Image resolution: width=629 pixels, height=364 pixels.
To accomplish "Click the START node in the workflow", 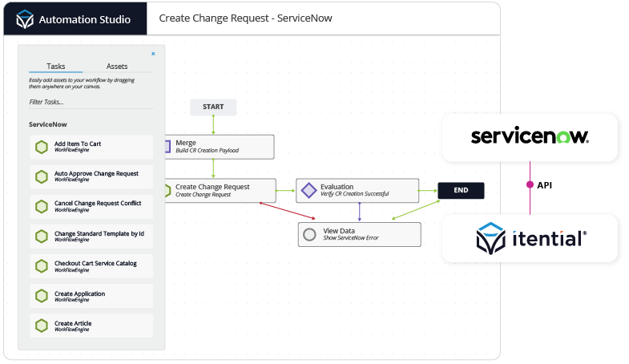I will click(213, 107).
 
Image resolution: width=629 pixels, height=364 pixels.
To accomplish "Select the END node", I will click(461, 190).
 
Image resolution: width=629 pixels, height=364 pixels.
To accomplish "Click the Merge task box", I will click(218, 146).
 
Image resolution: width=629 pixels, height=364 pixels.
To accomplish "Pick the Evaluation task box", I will click(357, 190).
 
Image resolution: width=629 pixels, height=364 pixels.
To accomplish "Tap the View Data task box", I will click(359, 234).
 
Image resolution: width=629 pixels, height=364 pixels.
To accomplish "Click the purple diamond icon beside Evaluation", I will click(308, 191).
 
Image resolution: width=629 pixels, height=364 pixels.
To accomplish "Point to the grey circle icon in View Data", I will click(310, 234).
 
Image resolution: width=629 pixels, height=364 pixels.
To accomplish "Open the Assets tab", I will click(117, 67).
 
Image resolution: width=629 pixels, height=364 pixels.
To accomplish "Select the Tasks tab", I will click(56, 67).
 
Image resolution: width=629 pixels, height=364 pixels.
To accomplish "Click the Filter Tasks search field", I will click(91, 102).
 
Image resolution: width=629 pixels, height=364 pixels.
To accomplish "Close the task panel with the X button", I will click(153, 54).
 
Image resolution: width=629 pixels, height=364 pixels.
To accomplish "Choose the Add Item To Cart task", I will click(91, 147).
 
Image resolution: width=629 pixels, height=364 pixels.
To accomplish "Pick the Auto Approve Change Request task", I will click(91, 176).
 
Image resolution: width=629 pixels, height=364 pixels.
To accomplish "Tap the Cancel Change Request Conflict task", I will click(91, 206).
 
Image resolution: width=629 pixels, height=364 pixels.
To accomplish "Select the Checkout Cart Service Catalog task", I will click(91, 266).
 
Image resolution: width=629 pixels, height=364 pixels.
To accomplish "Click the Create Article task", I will click(91, 326).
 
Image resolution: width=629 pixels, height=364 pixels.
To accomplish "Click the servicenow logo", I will click(530, 136).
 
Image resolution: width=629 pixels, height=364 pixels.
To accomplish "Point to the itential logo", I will click(530, 238).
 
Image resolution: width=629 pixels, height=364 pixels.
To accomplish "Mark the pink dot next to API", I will click(530, 184).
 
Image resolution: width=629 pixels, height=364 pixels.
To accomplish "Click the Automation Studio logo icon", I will click(25, 18).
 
